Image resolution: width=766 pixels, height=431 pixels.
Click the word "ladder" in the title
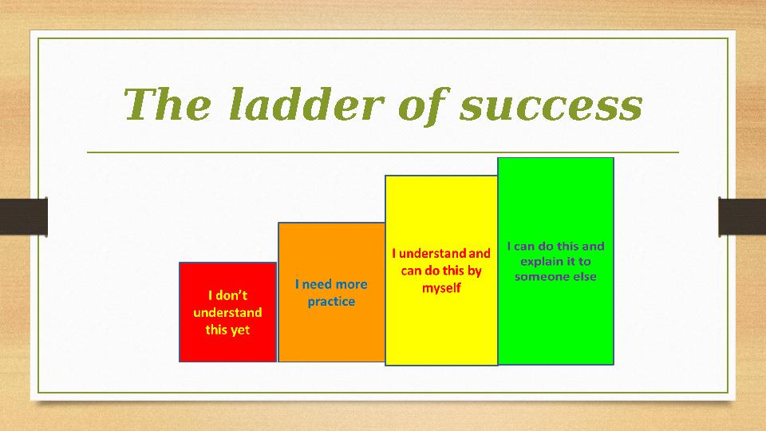click(x=306, y=104)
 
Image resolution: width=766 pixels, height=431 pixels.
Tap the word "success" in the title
click(x=551, y=107)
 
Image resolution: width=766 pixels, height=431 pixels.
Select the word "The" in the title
click(x=167, y=104)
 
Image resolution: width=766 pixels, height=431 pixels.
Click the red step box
click(x=227, y=312)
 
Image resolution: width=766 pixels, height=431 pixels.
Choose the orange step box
click(x=331, y=292)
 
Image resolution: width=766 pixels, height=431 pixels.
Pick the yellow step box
click(x=441, y=271)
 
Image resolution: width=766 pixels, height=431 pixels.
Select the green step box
click(x=555, y=261)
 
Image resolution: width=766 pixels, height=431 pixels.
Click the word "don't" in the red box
click(x=231, y=295)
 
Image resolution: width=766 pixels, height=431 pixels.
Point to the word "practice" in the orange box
click(x=331, y=302)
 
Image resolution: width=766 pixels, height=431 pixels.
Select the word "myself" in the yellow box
click(x=441, y=288)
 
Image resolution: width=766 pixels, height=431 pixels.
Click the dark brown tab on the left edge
click(x=23, y=216)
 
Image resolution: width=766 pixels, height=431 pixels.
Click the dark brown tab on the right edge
click(x=742, y=216)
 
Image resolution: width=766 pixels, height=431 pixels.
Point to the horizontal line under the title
click(x=383, y=152)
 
